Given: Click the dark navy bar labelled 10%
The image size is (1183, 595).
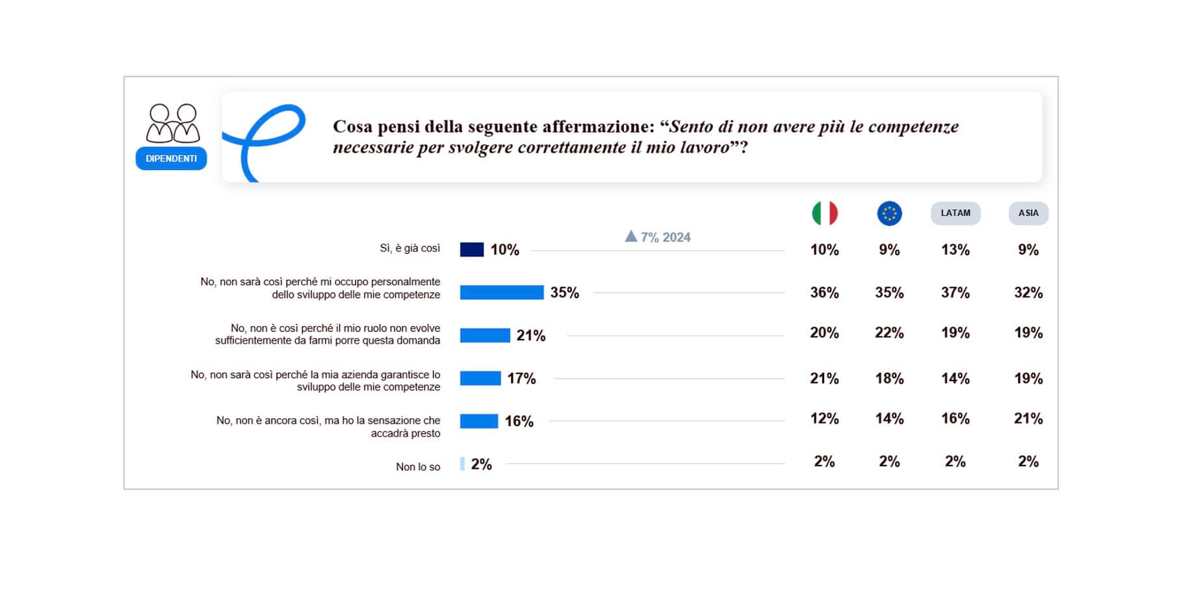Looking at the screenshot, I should [x=471, y=249].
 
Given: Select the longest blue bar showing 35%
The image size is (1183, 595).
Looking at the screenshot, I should [x=501, y=292].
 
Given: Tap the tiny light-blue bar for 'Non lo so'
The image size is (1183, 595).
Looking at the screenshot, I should [x=462, y=464].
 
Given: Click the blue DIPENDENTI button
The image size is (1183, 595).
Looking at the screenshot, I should [x=171, y=158].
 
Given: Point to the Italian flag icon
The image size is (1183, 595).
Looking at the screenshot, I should [x=824, y=213].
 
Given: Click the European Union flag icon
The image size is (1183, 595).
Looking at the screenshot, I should [x=889, y=213].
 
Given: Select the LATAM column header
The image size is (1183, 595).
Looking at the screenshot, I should [x=955, y=213].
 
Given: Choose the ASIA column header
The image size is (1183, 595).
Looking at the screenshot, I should [x=1028, y=213].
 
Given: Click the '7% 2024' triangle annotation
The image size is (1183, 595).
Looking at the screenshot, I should [x=657, y=237].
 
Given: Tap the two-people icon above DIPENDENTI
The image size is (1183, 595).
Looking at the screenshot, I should [x=172, y=123].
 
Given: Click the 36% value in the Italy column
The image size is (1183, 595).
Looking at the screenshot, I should [x=824, y=292].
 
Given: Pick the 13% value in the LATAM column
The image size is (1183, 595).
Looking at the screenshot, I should [x=955, y=249].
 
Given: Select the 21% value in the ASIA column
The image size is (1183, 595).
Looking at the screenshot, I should [x=1028, y=418].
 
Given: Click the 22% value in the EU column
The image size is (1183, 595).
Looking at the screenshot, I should [x=889, y=333].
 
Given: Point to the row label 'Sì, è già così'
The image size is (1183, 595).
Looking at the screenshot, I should [x=409, y=248].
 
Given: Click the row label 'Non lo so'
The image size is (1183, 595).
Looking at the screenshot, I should [x=418, y=466].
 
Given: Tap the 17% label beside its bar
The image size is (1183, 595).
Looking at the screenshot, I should [x=521, y=378].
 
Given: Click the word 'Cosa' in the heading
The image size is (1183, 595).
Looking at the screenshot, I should [x=353, y=126].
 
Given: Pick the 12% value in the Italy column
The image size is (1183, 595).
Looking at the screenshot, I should [x=824, y=418].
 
